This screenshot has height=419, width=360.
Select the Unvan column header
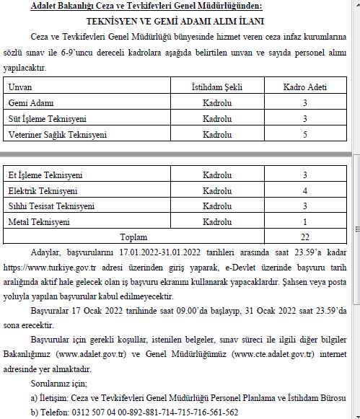[x=21, y=87]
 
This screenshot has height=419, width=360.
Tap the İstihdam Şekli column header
[x=217, y=87]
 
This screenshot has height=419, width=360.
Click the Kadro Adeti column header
[x=304, y=87]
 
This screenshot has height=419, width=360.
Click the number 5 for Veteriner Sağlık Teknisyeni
[x=304, y=135]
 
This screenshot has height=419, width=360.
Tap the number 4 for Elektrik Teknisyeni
[x=304, y=191]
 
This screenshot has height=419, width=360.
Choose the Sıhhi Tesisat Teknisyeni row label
[x=51, y=206]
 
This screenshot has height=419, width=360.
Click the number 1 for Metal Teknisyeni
[x=304, y=222]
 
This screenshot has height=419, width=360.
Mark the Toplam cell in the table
[x=134, y=237]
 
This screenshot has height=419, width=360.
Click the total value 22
[x=304, y=237]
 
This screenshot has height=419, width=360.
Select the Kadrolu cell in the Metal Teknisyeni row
[x=217, y=222]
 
